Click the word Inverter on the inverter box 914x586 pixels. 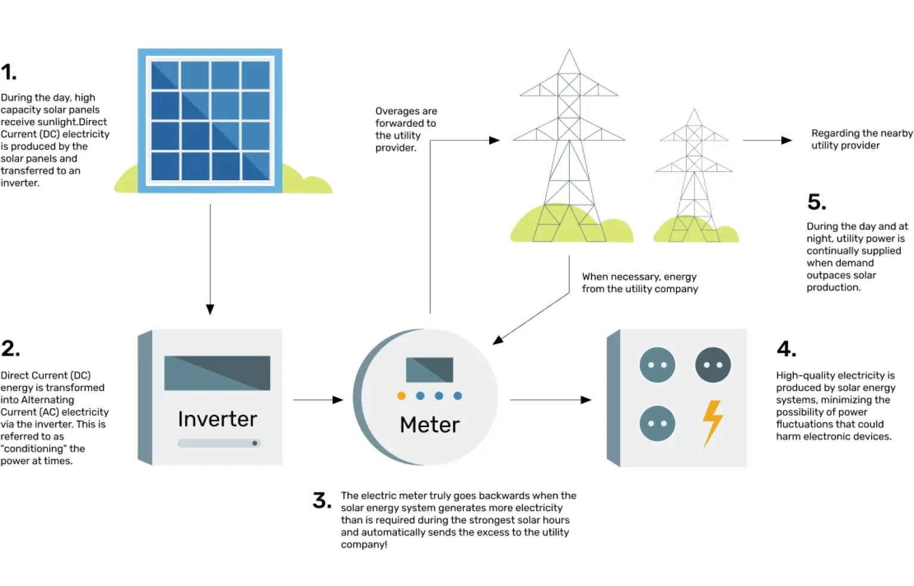[217, 419]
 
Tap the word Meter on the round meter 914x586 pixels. [430, 425]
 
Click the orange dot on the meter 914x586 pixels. [402, 396]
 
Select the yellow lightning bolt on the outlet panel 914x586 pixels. [712, 423]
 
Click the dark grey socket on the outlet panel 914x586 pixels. [713, 365]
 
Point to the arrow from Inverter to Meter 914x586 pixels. [318, 400]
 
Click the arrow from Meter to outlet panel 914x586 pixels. [550, 400]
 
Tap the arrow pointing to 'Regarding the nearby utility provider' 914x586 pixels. [767, 140]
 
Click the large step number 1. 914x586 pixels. [9, 73]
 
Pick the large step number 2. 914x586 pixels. [10, 349]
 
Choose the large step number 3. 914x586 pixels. [322, 500]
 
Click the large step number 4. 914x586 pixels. [786, 349]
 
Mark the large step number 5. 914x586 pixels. [816, 202]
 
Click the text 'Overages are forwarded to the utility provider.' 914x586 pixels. [406, 129]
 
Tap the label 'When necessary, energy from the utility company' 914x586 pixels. [640, 283]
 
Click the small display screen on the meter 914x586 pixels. [429, 369]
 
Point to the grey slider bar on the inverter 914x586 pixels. [219, 443]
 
